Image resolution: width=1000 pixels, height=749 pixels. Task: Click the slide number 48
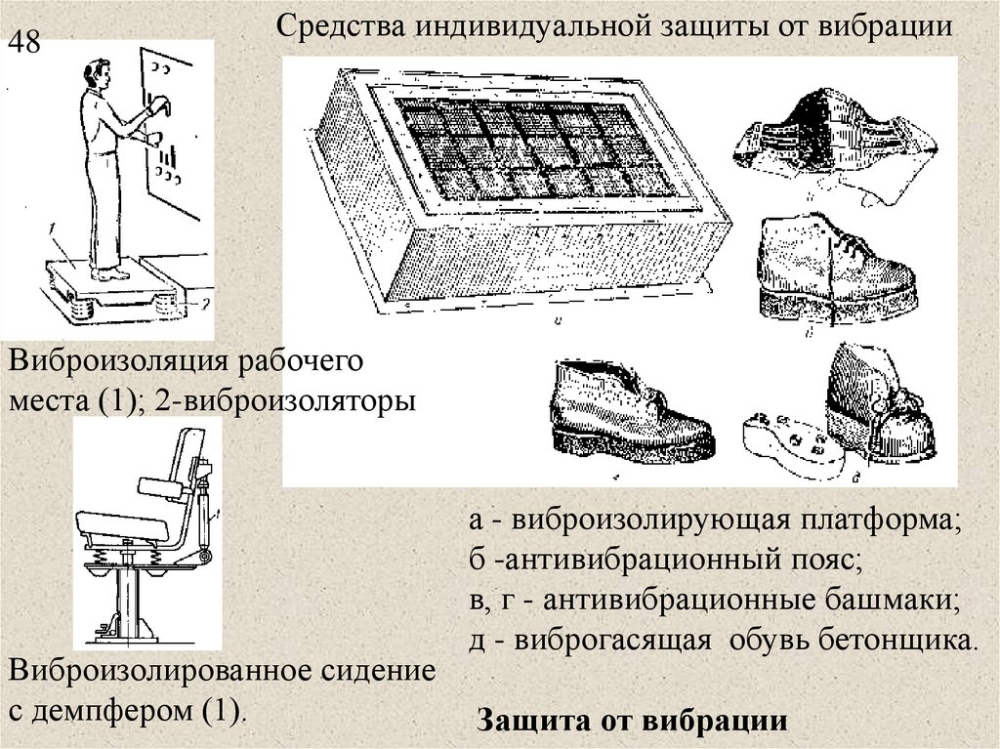click(x=25, y=46)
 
